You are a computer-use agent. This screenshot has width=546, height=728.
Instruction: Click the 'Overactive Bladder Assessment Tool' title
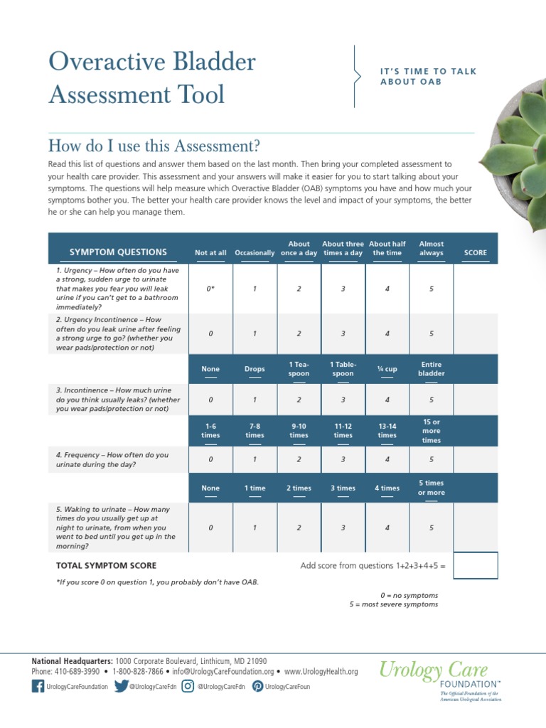(151, 78)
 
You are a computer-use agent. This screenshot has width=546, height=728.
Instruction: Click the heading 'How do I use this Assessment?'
(154, 146)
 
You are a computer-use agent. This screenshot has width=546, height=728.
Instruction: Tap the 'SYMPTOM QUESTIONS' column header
(118, 252)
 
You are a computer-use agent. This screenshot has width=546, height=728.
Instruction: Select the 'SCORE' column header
(475, 252)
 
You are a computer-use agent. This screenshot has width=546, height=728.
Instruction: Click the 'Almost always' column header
(431, 248)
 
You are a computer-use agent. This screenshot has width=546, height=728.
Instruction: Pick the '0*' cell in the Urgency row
(210, 289)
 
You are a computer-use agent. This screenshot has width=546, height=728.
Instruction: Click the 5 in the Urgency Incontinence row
(431, 333)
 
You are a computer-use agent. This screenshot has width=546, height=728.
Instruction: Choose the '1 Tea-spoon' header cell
(299, 369)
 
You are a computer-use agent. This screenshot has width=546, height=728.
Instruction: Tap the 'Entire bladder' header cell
(431, 369)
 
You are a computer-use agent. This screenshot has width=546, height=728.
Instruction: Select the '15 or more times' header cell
(431, 431)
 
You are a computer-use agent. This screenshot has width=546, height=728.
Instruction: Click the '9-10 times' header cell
(299, 431)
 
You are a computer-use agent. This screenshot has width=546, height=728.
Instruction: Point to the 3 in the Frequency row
(343, 459)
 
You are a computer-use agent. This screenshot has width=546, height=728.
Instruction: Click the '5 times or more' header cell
(431, 488)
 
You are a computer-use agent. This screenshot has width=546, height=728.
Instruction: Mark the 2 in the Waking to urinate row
(299, 528)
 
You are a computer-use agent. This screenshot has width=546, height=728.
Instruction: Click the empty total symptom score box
(475, 566)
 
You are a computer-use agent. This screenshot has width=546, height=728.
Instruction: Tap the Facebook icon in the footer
(38, 686)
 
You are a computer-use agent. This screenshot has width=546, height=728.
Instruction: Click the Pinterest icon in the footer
(258, 686)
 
